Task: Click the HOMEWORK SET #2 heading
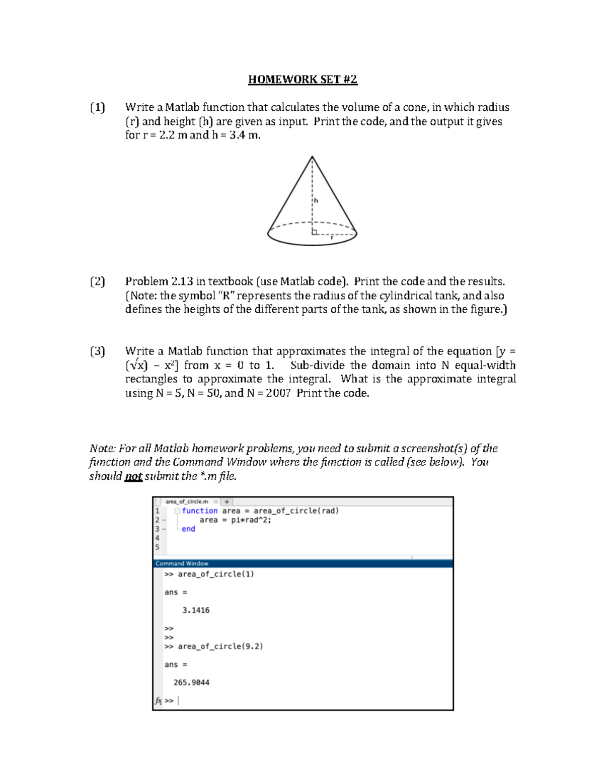[303, 80]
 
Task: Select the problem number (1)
[98, 107]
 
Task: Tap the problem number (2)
[98, 281]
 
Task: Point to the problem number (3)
[98, 351]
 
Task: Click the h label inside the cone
[316, 200]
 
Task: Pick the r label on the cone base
[332, 238]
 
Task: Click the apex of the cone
[312, 157]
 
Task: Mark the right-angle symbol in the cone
[315, 231]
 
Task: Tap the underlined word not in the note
[133, 476]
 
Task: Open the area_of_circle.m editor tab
[187, 502]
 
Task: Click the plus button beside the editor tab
[227, 502]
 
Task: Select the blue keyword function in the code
[200, 511]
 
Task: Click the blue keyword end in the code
[188, 529]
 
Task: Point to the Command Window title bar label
[182, 563]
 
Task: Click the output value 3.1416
[196, 610]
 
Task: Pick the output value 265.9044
[191, 683]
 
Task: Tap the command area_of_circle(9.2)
[220, 647]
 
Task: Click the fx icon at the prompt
[158, 700]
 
